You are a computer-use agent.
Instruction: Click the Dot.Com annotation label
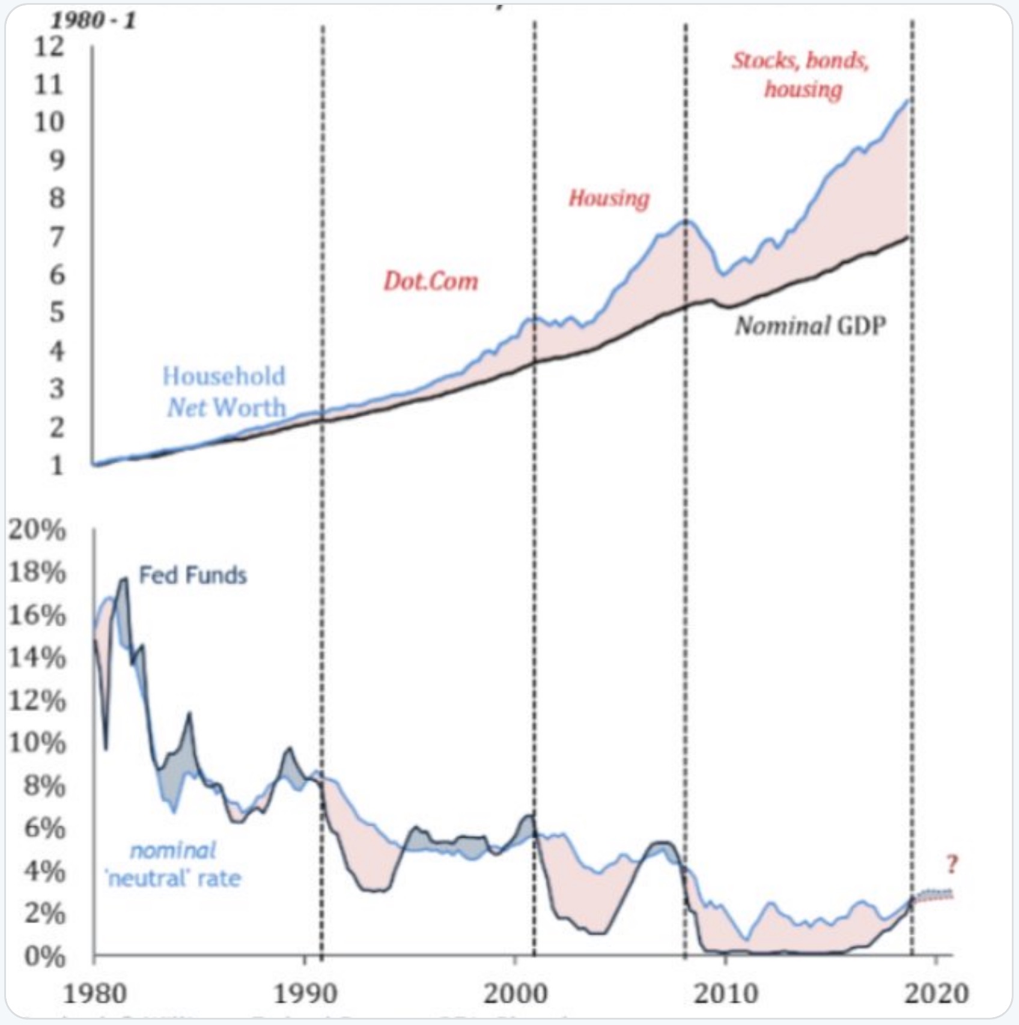(x=431, y=281)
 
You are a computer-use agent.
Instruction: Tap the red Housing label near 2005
(x=609, y=198)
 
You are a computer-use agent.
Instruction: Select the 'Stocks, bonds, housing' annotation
(x=801, y=75)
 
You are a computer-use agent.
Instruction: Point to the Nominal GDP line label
(x=811, y=326)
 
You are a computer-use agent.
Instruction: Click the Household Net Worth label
(x=224, y=392)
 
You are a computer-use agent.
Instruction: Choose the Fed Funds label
(x=193, y=576)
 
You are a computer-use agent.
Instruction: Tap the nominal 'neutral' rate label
(x=174, y=865)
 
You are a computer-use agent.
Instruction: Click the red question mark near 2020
(x=951, y=865)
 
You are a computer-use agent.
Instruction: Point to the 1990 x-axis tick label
(x=305, y=994)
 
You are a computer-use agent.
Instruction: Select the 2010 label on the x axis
(x=726, y=994)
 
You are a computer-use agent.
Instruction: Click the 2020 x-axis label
(x=936, y=994)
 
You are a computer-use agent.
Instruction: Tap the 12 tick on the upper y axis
(x=48, y=46)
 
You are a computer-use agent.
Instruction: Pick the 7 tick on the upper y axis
(x=56, y=237)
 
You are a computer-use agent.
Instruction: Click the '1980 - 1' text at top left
(x=93, y=21)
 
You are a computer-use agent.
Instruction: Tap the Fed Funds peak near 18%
(x=124, y=579)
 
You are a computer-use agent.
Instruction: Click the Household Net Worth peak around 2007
(x=686, y=221)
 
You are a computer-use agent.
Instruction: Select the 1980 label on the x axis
(x=95, y=994)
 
